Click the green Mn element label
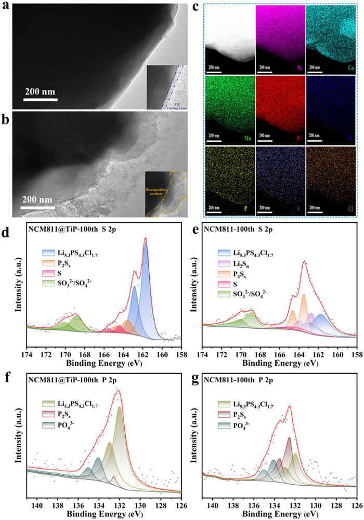[x=248, y=139]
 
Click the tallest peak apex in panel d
[x=146, y=238]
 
